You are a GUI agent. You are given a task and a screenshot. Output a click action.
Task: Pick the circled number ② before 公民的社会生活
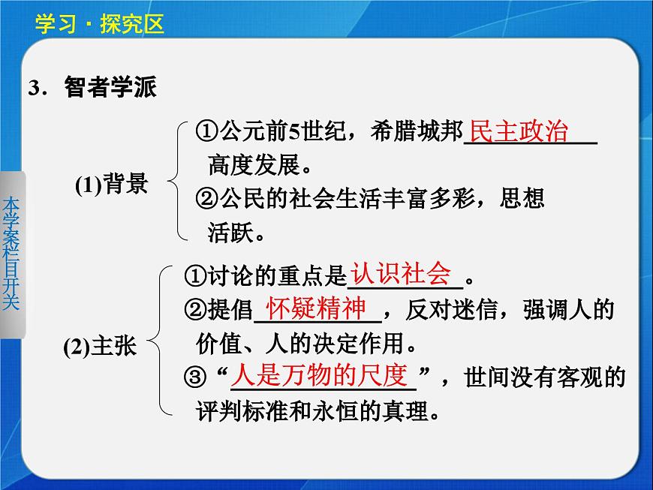pyautogui.click(x=205, y=200)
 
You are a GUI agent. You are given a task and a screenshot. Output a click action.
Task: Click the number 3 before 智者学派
pyautogui.click(x=33, y=88)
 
